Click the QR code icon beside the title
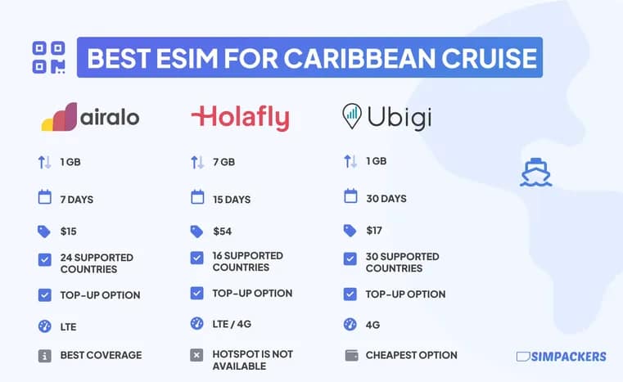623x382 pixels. (x=47, y=57)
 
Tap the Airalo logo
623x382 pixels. (x=90, y=117)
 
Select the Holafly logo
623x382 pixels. (x=240, y=118)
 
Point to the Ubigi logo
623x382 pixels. (x=386, y=117)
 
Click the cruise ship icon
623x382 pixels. (x=536, y=172)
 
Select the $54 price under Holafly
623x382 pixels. (x=222, y=231)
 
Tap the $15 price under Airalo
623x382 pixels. (x=68, y=231)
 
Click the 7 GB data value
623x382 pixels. (x=223, y=162)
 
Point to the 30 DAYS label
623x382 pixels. (x=386, y=198)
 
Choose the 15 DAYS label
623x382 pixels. (x=232, y=199)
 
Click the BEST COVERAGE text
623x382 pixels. (x=101, y=355)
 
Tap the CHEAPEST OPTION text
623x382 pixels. (x=411, y=355)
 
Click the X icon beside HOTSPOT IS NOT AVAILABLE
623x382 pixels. (x=196, y=355)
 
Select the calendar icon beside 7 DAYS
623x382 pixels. (x=44, y=198)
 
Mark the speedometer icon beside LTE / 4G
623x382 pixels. (x=196, y=324)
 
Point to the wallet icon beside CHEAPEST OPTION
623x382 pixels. (x=350, y=355)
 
